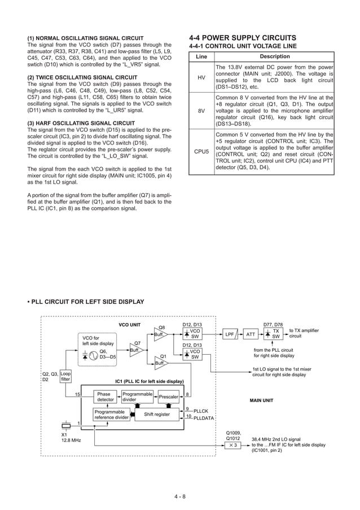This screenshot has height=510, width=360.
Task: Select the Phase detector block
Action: [104, 396]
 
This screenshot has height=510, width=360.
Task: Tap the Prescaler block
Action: [169, 397]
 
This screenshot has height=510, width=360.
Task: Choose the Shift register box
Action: [156, 415]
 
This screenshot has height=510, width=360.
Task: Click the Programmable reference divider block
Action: [112, 415]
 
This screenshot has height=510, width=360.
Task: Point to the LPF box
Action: [230, 334]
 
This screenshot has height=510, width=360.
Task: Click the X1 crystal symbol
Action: [66, 425]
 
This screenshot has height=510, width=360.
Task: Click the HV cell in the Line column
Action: [201, 77]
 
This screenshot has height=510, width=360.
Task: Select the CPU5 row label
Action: [201, 152]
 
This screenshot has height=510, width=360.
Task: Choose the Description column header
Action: [274, 56]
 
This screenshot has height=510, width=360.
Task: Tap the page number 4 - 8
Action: [180, 496]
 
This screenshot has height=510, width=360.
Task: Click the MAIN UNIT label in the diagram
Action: [262, 401]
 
